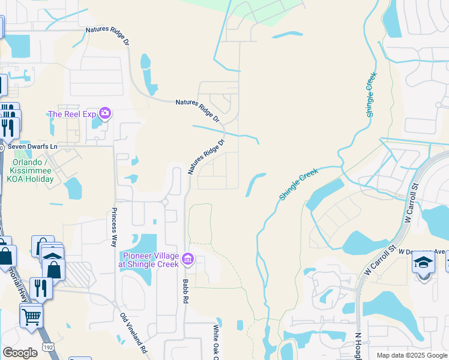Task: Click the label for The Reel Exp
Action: coord(72,114)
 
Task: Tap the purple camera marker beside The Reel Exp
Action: coord(105,113)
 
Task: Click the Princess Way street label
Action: coord(113,227)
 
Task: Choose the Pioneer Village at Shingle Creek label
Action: coord(151,260)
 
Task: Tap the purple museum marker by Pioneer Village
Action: coord(188,259)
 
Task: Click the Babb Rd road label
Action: coord(187,291)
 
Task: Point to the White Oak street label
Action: coord(216,343)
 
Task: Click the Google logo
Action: coord(20,353)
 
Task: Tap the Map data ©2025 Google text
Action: coord(412,355)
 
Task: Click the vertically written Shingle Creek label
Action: coord(370,95)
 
